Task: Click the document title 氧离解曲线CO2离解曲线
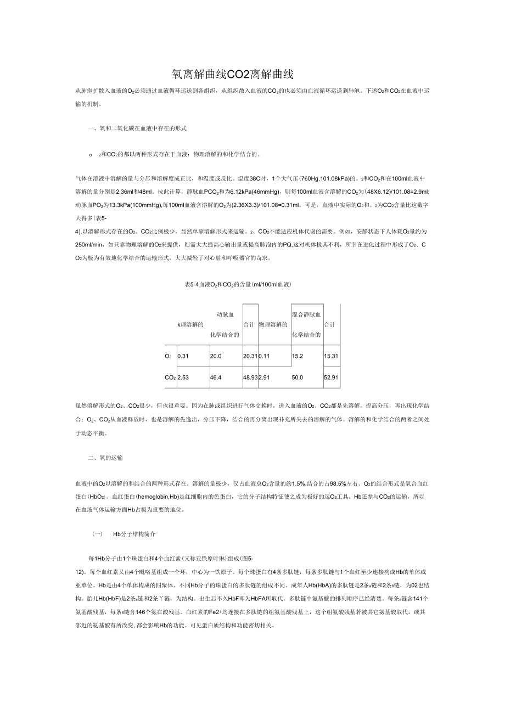[233, 74]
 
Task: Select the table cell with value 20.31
[250, 356]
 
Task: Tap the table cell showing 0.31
[183, 356]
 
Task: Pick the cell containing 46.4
[216, 378]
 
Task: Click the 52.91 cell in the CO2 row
[331, 378]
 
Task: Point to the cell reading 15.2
[298, 356]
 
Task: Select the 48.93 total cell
[250, 378]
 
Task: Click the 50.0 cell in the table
[298, 378]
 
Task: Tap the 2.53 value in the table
[183, 378]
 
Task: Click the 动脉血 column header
[226, 314]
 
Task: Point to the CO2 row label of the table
[170, 378]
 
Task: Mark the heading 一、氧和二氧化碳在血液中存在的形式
[138, 128]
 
